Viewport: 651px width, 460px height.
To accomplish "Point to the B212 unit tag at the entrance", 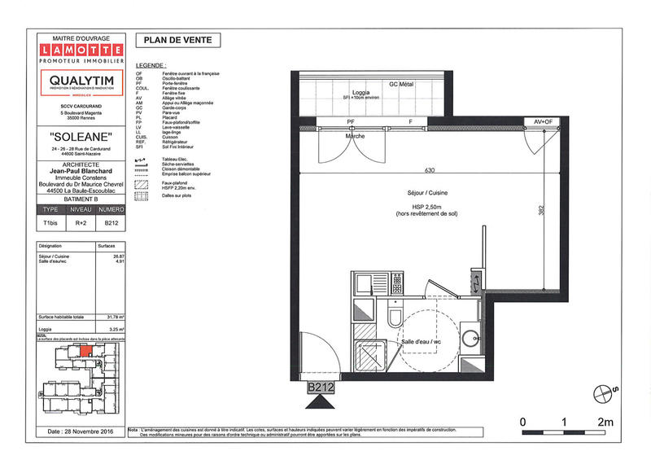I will (x=321, y=388).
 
